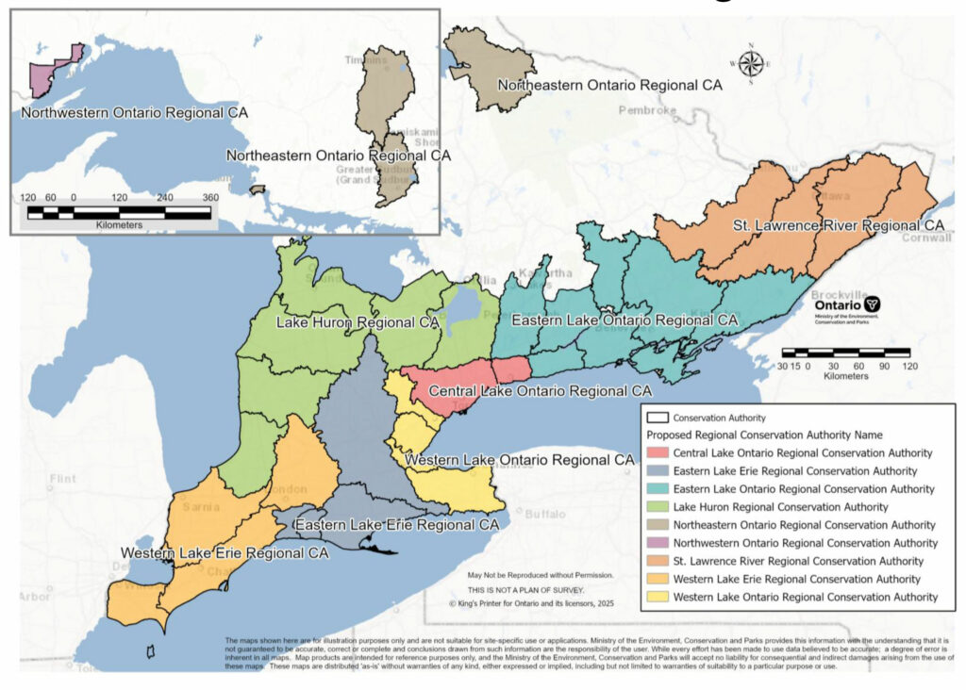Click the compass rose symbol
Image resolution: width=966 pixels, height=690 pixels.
[751, 63]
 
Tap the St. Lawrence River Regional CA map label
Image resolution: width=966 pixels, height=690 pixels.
[838, 226]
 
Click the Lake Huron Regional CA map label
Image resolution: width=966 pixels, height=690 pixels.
[358, 322]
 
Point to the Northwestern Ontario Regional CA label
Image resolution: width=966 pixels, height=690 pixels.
[134, 113]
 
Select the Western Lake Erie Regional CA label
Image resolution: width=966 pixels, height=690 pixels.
[224, 552]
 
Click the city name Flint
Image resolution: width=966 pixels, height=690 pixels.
[62, 479]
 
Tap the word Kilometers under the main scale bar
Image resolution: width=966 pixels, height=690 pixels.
[845, 375]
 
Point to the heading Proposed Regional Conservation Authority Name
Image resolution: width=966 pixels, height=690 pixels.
[764, 435]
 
